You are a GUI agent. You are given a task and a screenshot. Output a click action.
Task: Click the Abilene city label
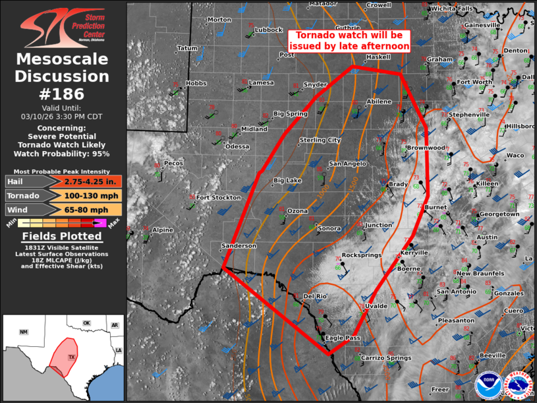[379, 102]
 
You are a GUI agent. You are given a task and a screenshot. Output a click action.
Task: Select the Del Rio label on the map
[316, 296]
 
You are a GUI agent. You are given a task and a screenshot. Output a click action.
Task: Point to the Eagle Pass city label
[343, 338]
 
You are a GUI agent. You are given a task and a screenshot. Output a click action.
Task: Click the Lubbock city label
[268, 30]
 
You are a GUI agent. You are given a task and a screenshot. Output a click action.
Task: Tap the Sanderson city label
[239, 246]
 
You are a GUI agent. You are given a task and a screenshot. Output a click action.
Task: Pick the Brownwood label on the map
[426, 148]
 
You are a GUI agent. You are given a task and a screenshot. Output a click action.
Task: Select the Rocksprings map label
[362, 255]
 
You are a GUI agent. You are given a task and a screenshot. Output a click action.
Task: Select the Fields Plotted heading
[63, 236]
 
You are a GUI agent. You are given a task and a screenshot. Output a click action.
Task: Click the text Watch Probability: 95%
[63, 154]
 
